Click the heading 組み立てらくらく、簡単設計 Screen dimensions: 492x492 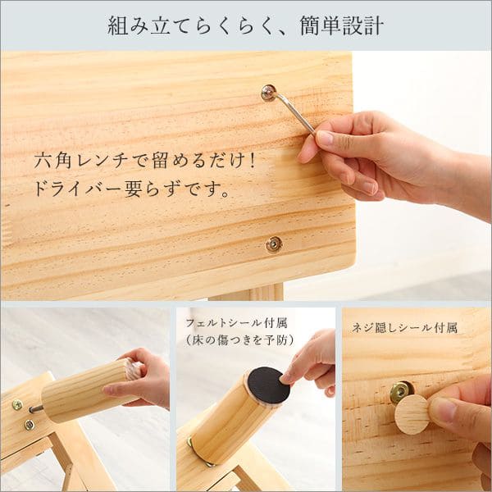(x=246, y=25)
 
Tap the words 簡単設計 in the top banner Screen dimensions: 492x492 (x=342, y=25)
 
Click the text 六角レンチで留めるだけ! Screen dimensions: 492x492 (x=144, y=161)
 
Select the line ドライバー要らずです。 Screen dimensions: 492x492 (x=131, y=189)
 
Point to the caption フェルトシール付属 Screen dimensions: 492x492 (x=236, y=323)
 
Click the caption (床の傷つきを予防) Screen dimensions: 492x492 (x=239, y=339)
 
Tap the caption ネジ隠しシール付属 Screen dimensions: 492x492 (x=404, y=328)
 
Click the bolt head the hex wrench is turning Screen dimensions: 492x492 (x=269, y=93)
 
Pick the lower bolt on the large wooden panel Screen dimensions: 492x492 (x=274, y=244)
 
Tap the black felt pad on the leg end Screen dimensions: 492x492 (x=268, y=385)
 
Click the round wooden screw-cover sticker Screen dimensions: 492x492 (x=412, y=414)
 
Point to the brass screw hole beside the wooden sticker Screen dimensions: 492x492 (x=400, y=392)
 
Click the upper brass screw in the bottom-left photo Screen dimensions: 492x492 (x=17, y=405)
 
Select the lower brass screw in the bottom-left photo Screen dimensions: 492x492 (x=30, y=425)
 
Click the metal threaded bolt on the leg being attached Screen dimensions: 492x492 (x=36, y=409)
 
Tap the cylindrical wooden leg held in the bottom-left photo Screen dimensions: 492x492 (x=92, y=390)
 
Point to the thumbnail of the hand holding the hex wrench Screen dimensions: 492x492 (x=325, y=138)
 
